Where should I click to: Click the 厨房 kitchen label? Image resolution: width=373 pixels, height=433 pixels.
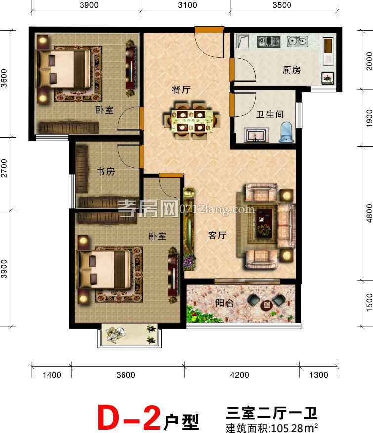[291, 70]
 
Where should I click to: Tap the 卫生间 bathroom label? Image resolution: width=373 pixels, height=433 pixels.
[270, 114]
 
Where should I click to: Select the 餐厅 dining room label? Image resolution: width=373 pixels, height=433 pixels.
[181, 89]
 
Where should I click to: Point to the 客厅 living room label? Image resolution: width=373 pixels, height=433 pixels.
[217, 236]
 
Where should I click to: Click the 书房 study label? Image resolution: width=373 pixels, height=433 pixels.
[106, 171]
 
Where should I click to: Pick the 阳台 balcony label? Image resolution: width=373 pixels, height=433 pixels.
[224, 303]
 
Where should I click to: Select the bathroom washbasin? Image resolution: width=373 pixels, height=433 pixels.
[256, 135]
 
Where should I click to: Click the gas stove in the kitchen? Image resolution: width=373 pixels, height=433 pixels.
[269, 41]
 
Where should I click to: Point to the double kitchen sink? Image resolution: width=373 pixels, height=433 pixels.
[297, 41]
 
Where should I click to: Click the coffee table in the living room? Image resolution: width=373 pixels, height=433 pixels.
[264, 223]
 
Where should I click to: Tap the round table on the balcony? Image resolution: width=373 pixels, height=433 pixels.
[267, 305]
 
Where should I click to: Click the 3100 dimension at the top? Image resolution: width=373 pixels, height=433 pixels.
[187, 5]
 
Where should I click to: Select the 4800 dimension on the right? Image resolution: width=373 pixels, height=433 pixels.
[369, 213]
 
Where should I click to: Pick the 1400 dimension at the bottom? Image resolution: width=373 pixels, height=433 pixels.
[52, 375]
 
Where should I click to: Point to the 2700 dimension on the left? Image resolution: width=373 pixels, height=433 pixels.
[4, 168]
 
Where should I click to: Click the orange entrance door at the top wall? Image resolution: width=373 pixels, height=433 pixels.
[209, 29]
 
